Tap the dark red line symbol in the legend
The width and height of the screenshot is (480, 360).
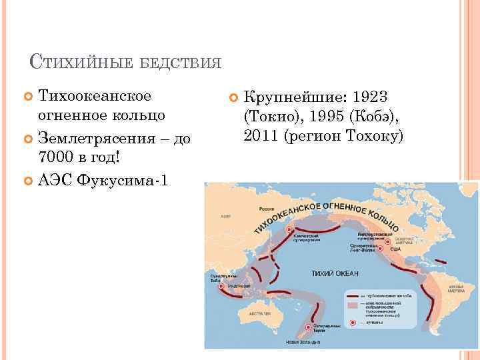[x=351, y=294]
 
